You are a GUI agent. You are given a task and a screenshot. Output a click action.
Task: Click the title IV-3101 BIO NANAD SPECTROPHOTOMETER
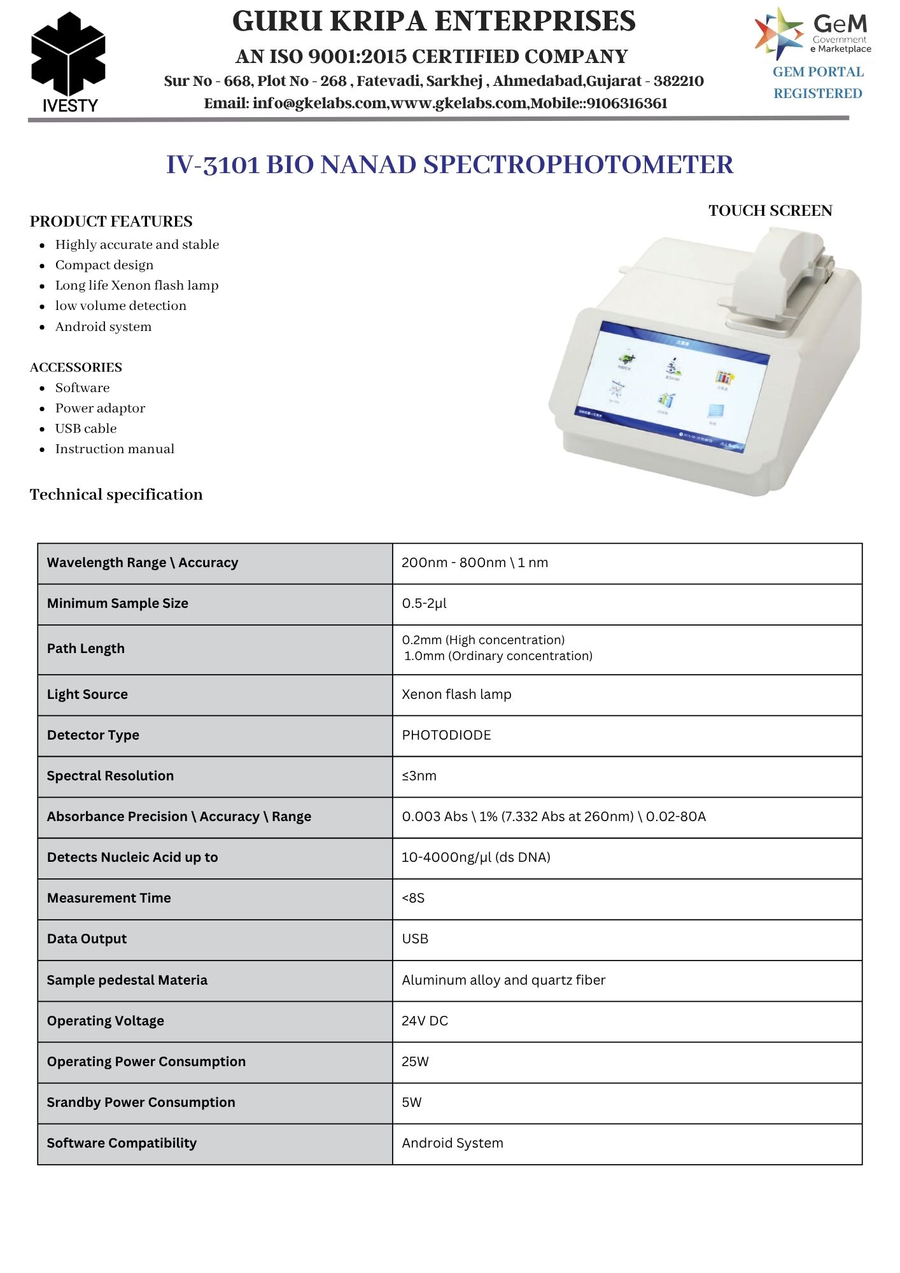pos(449,165)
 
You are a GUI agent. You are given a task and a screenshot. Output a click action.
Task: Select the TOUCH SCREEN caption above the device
pos(770,211)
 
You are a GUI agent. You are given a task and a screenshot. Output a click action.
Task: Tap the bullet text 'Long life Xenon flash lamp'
pos(137,286)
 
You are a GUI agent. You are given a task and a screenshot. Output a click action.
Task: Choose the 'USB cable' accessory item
pos(86,429)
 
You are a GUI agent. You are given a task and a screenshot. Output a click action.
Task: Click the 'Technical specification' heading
pos(116,495)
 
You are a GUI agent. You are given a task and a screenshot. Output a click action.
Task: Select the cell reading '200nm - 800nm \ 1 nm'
pos(475,563)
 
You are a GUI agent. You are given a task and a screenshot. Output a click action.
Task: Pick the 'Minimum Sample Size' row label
pos(118,603)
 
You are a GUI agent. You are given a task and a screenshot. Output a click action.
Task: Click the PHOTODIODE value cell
pos(447,735)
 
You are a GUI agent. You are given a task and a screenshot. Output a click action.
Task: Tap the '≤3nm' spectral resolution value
pos(419,776)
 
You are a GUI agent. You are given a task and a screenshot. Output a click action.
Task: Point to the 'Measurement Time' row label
pos(109,898)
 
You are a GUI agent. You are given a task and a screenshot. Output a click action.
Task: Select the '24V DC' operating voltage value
pos(425,1021)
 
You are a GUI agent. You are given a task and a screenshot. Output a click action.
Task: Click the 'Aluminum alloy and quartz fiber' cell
pos(503,980)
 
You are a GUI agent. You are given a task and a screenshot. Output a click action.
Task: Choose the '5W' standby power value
pos(412,1102)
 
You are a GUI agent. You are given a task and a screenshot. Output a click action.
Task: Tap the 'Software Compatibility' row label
pos(122,1143)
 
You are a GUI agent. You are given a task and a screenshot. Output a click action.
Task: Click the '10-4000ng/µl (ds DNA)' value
pos(476,857)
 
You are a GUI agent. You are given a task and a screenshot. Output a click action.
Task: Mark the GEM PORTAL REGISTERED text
pos(818,83)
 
